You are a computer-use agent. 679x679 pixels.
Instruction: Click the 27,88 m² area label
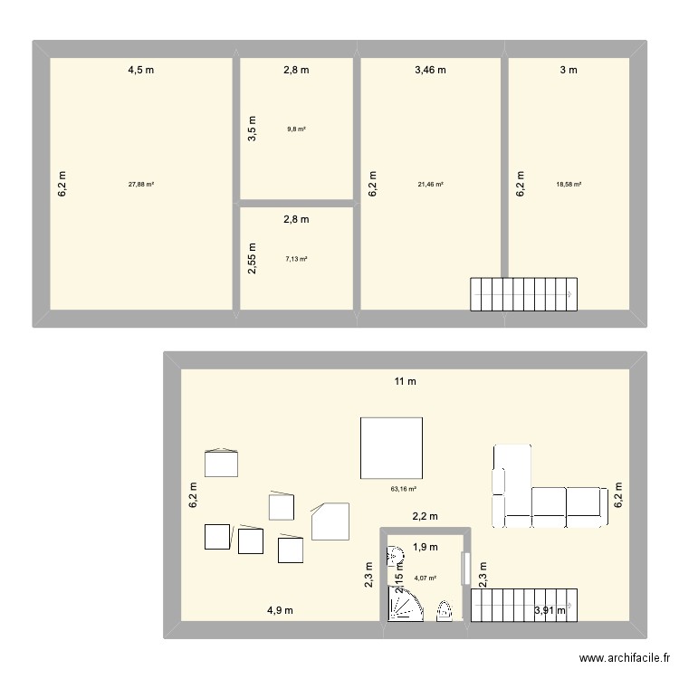coord(141,184)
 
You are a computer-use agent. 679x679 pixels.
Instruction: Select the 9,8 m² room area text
coord(296,129)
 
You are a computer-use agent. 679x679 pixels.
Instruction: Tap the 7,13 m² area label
coord(296,259)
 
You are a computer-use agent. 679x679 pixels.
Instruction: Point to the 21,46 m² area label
coord(431,184)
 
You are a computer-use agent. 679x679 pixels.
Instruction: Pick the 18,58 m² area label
coord(569,184)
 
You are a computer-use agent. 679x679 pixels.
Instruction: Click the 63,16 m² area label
coord(403,489)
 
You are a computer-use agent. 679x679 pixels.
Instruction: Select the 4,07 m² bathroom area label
coord(426,578)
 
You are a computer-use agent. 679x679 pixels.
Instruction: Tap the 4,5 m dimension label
coord(140,70)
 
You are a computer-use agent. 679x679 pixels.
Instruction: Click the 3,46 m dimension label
coord(431,70)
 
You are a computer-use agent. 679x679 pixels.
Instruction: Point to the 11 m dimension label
coord(405,381)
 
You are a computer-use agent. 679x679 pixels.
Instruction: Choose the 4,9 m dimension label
coord(280,610)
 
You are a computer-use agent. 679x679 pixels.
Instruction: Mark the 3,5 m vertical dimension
coord(253,129)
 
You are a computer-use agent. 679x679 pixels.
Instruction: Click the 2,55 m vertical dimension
coord(253,259)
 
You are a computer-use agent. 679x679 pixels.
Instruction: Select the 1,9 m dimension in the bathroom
coord(426,547)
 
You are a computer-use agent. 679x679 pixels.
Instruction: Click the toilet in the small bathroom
coord(444,612)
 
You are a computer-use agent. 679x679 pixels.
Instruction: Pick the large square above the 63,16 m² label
coord(391,447)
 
